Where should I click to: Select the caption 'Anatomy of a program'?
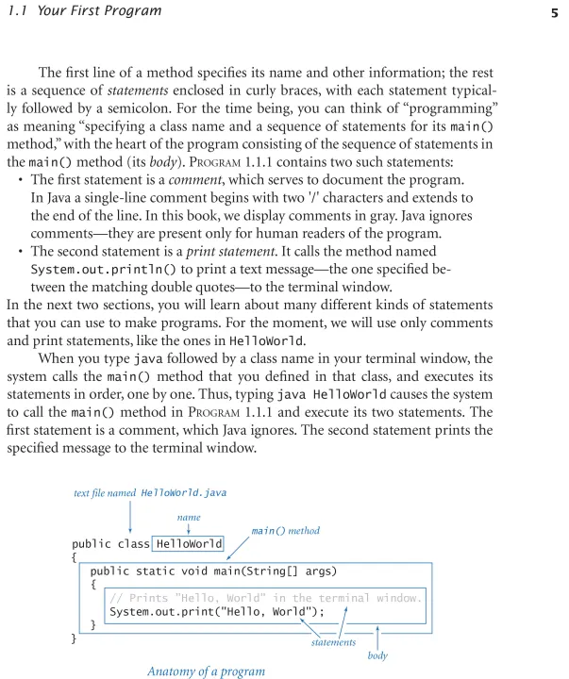[206, 671]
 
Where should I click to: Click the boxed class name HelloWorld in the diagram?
[190, 543]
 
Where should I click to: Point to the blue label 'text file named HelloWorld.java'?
[150, 492]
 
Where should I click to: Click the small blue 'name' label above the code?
[189, 517]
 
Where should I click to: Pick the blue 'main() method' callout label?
[286, 530]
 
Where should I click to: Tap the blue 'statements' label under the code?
[333, 642]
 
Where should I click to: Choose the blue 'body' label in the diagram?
[377, 654]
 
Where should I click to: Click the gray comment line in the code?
[266, 598]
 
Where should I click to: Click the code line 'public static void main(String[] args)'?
[213, 571]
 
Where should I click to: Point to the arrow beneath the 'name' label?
[190, 529]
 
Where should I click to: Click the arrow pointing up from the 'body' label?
[377, 637]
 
